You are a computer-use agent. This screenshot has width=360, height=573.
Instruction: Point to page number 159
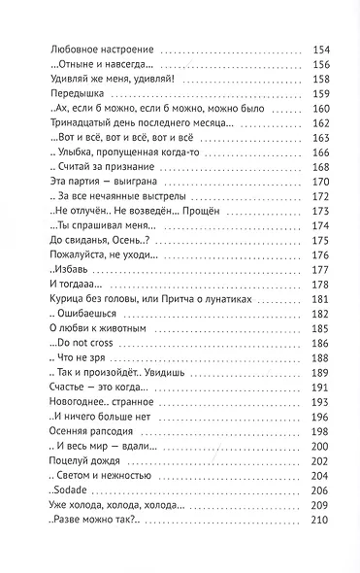[322, 94]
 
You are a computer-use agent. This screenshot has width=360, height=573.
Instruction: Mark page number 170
[322, 180]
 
